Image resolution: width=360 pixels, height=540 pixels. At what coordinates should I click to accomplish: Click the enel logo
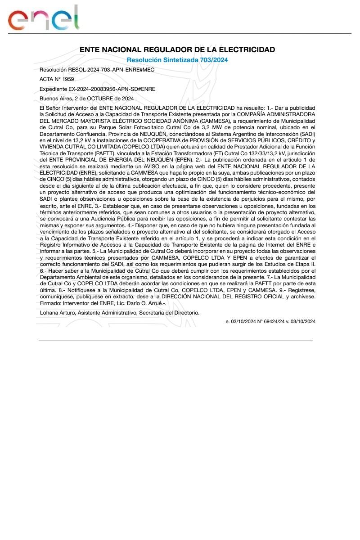point(44,18)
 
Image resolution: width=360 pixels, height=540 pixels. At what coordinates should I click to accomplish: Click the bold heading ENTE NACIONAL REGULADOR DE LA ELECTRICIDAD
point(177,49)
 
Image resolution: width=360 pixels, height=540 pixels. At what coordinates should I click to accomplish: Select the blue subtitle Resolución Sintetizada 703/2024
point(177,60)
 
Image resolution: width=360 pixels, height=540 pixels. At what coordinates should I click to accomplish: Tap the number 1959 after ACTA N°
point(68,79)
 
